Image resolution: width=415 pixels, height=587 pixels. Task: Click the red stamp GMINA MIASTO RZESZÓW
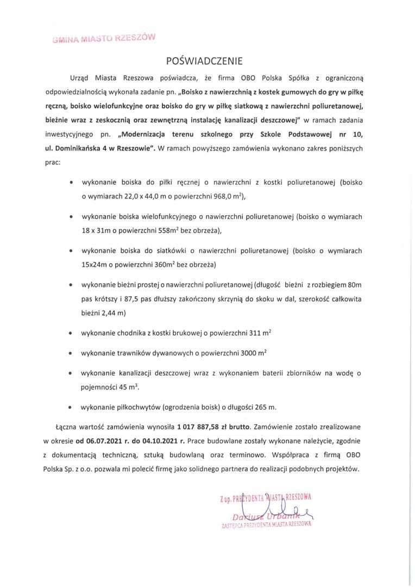104,38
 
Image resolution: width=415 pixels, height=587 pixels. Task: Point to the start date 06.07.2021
100,441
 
